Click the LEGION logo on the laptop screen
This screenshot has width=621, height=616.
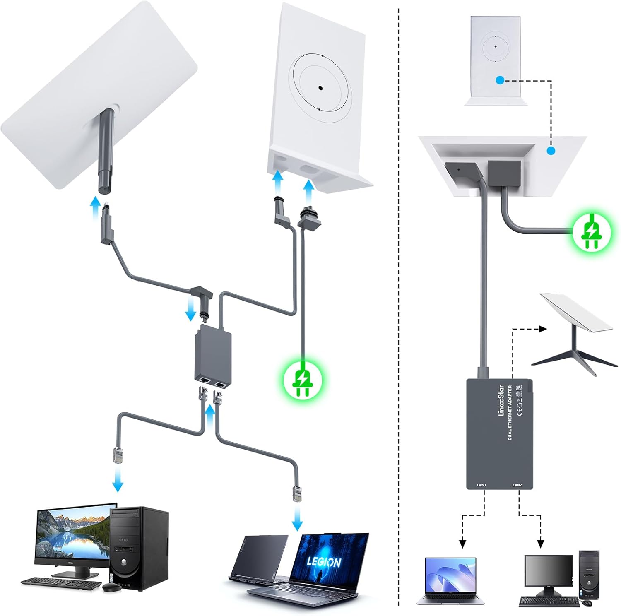pos(324,562)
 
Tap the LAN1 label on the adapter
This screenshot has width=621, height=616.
pos(481,484)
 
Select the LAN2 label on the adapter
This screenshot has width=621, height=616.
pos(517,484)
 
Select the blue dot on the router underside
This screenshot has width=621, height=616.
pos(550,151)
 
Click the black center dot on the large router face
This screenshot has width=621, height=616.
pos(320,88)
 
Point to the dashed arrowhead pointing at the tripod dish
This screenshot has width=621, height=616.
pos(543,329)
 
